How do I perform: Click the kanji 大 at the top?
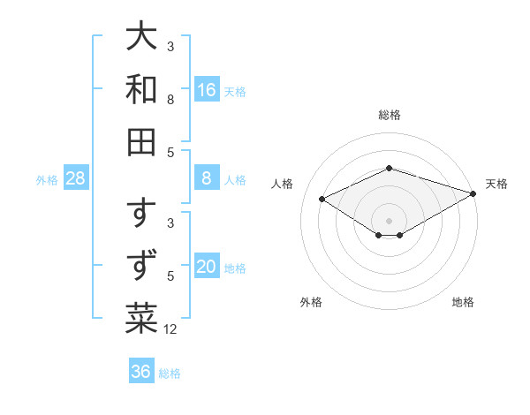point(142,38)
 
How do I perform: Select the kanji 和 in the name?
point(142,89)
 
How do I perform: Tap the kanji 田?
point(142,141)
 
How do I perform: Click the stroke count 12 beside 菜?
point(170,329)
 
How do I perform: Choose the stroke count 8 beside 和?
point(170,100)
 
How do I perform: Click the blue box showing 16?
point(207,90)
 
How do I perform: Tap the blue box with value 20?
point(207,268)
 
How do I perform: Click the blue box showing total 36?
point(140,372)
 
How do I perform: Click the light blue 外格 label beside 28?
point(47,180)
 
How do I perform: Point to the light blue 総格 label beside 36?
point(170,373)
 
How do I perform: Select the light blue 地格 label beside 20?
point(235,268)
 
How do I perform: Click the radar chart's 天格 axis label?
point(497,184)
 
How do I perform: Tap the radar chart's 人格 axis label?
point(283,184)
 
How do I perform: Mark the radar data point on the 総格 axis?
point(390,168)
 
